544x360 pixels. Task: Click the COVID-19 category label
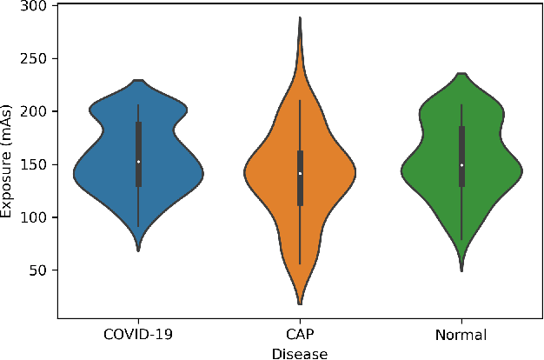138,335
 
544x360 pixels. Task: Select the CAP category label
300,335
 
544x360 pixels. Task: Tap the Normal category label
461,335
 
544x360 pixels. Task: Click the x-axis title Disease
300,352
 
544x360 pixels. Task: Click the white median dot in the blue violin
138,162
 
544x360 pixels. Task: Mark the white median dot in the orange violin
300,173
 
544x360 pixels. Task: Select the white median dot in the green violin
461,165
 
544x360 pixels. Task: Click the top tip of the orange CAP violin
300,17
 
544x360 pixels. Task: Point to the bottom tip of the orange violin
300,303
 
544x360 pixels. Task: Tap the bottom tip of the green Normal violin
461,270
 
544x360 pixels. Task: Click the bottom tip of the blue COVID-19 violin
138,250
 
